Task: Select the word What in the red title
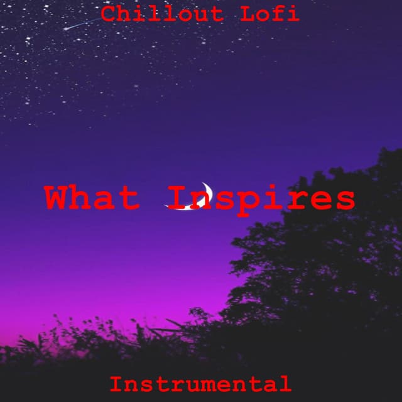(x=91, y=198)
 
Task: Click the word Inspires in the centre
(x=263, y=198)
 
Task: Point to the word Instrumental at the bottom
(x=200, y=383)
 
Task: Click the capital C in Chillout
(x=109, y=14)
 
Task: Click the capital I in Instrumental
(x=116, y=383)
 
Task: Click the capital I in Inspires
(x=180, y=198)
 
